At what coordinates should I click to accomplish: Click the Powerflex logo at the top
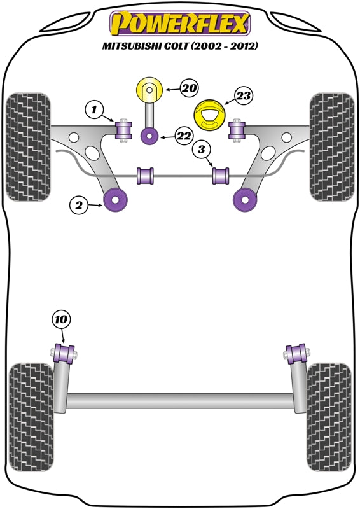(180, 24)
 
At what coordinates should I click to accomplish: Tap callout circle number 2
(80, 204)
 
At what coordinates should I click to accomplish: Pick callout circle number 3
(200, 150)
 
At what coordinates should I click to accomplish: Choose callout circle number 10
(62, 320)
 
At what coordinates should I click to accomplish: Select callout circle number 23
(244, 96)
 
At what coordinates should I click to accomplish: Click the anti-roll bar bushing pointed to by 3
(222, 174)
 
